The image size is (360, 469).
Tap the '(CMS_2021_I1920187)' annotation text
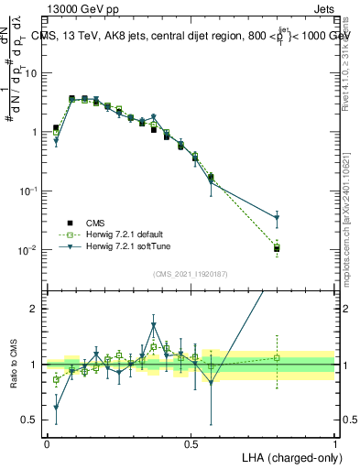point(191,273)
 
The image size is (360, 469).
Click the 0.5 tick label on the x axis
point(191,444)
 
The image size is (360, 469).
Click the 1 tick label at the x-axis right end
point(335,444)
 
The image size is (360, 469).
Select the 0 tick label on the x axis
point(47,444)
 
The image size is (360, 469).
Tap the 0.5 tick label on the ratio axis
point(29,420)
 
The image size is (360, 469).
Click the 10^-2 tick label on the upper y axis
point(27,250)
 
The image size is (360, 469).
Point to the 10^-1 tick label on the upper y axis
point(27,191)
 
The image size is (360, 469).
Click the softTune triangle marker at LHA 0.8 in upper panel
point(277,218)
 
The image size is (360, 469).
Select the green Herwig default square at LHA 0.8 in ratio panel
point(277,357)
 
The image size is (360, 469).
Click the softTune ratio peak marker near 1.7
point(154,325)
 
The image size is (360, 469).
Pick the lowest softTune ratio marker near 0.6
point(56,408)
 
